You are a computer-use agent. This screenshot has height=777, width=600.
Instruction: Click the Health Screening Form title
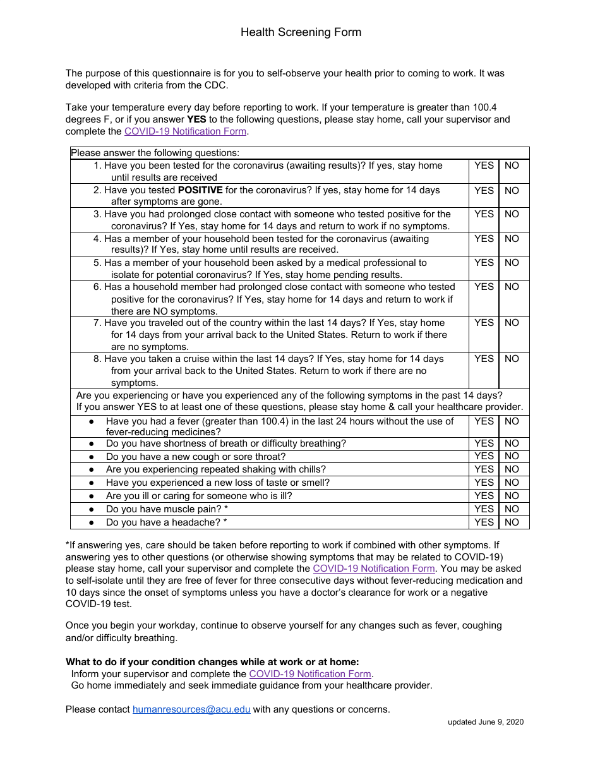tap(301, 32)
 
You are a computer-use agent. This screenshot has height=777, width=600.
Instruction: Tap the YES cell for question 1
tap(484, 166)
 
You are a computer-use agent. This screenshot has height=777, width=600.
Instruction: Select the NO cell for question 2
tap(512, 190)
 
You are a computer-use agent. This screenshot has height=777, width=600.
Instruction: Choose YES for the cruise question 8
tap(484, 359)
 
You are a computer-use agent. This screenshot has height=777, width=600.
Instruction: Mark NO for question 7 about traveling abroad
tap(512, 323)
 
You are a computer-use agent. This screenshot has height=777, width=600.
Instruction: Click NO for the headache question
tap(512, 522)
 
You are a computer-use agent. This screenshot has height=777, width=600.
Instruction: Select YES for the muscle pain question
tap(484, 509)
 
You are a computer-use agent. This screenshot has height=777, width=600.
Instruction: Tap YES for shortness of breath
tap(484, 443)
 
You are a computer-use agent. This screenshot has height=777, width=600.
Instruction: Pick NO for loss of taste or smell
tap(512, 483)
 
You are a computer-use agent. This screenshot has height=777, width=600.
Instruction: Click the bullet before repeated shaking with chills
tap(92, 470)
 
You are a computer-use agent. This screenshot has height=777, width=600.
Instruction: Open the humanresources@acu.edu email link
tap(191, 709)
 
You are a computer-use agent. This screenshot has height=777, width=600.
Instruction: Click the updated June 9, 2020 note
tap(486, 722)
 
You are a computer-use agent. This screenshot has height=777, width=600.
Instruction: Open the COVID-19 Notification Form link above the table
tap(185, 131)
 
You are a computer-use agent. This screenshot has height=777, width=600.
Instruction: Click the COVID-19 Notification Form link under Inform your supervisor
tap(310, 674)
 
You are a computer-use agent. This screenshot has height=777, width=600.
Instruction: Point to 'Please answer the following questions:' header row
tap(155, 153)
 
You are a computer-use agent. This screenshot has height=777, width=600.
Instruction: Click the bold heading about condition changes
tap(212, 662)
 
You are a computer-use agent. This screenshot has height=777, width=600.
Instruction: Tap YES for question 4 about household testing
tap(484, 239)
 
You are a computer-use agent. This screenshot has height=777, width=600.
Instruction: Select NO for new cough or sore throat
tap(512, 456)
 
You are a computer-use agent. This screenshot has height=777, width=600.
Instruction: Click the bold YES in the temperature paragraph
tap(196, 119)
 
